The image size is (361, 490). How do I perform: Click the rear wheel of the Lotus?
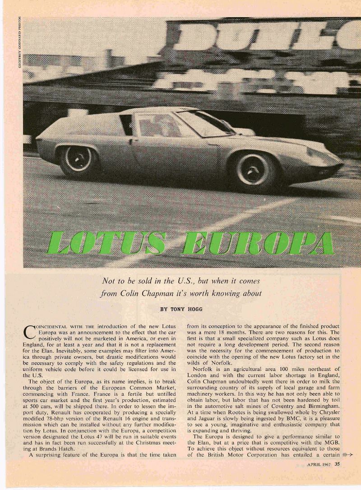77,161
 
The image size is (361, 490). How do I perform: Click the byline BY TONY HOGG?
181,309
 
